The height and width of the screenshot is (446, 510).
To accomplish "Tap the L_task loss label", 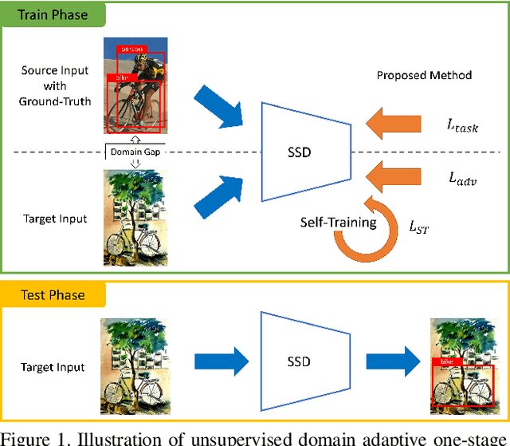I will pyautogui.click(x=462, y=124).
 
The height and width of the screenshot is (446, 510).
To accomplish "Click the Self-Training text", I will pyautogui.click(x=338, y=223).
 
